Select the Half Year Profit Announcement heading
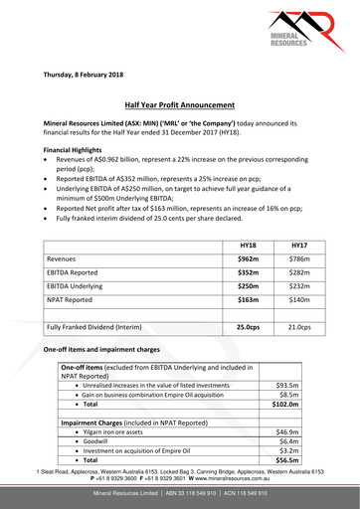coord(179,103)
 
